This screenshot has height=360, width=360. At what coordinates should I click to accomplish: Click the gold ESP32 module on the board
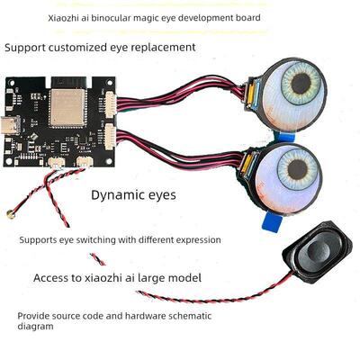click(64, 110)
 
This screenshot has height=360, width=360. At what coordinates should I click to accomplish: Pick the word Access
click(56, 278)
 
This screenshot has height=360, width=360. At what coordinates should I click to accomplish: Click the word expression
click(193, 240)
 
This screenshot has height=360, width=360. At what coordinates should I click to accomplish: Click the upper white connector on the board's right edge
click(111, 102)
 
